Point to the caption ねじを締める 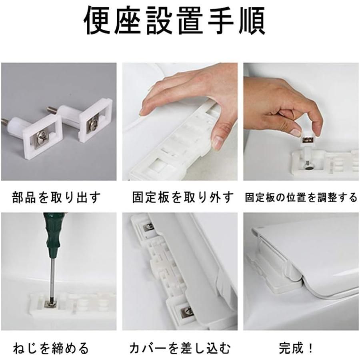51,348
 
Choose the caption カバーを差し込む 180,348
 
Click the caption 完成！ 295,348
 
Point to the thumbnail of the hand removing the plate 181,122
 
